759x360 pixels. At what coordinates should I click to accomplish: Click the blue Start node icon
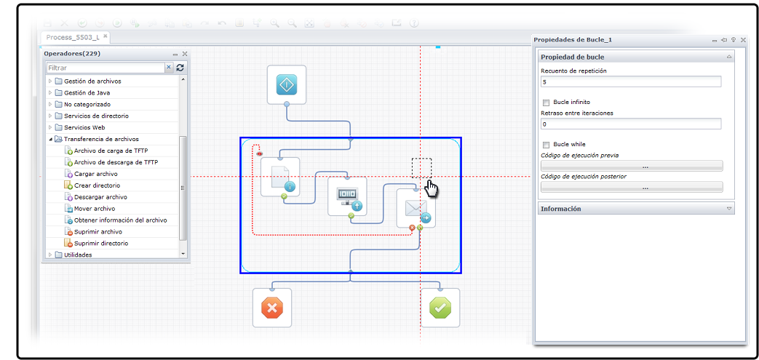[x=287, y=85]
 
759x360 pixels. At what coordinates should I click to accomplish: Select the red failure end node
[x=272, y=308]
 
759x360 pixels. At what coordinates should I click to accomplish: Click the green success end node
[x=440, y=308]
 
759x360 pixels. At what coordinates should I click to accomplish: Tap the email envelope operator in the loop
[x=416, y=209]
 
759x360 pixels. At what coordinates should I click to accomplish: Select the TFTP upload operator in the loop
[x=347, y=196]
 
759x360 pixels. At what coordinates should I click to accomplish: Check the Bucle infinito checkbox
[x=547, y=103]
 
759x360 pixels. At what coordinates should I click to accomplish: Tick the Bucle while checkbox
[x=547, y=145]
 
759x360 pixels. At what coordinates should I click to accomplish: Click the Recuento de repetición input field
[x=630, y=82]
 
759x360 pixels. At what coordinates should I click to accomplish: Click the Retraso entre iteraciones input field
[x=630, y=124]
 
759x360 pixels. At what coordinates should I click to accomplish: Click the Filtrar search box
[x=105, y=68]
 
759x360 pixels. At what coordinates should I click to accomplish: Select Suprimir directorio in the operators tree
[x=101, y=244]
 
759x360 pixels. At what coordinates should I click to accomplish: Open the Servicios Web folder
[x=84, y=128]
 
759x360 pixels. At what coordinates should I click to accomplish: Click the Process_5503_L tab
[x=72, y=37]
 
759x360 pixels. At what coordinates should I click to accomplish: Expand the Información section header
[x=635, y=209]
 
